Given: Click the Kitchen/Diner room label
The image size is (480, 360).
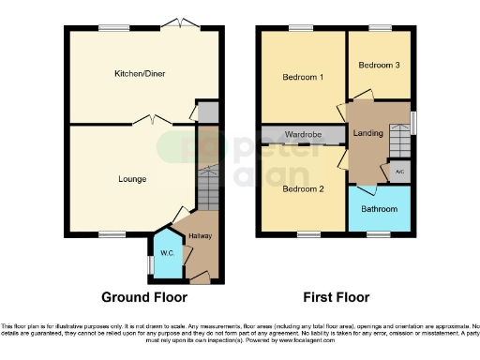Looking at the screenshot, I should (135, 74).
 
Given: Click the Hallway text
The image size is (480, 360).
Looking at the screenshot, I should (201, 235).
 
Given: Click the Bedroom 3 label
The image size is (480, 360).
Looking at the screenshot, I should (379, 65).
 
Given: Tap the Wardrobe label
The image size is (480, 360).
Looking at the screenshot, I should (304, 136).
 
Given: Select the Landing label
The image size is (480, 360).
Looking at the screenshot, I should (367, 134).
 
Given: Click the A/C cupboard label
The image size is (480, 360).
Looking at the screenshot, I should (399, 172).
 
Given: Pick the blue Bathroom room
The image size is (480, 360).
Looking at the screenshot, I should (380, 208).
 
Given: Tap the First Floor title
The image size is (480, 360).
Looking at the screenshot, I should (336, 297).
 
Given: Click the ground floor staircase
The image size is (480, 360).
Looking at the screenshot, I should (207, 188).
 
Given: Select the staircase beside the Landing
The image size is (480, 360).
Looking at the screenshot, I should (400, 141).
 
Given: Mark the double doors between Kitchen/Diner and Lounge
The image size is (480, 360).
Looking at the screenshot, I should (151, 121).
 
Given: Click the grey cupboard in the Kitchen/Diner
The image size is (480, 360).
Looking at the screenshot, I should (208, 112).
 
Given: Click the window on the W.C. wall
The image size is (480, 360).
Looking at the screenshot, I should (150, 264).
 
